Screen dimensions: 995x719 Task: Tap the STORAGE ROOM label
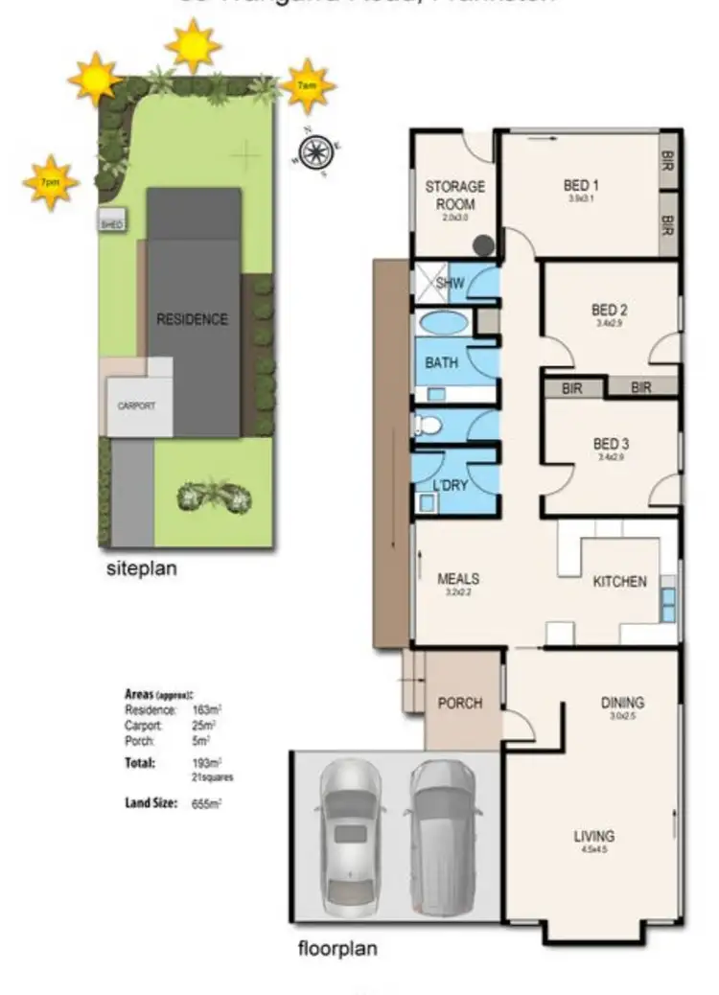pyautogui.click(x=454, y=194)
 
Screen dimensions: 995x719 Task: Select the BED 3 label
pyautogui.click(x=610, y=444)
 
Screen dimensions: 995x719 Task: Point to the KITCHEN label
pyautogui.click(x=619, y=582)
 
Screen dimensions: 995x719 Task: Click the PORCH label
pyautogui.click(x=459, y=703)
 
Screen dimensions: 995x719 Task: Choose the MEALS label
pyautogui.click(x=457, y=580)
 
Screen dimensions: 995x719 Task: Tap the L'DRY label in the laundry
pyautogui.click(x=450, y=485)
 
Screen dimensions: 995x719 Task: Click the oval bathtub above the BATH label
pyautogui.click(x=443, y=323)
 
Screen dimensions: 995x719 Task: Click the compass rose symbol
pyautogui.click(x=313, y=151)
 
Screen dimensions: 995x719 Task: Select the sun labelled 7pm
pyautogui.click(x=50, y=181)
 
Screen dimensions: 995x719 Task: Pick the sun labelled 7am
pyautogui.click(x=308, y=86)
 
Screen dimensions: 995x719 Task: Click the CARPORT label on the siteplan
pyautogui.click(x=136, y=405)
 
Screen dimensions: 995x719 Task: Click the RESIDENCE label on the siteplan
pyautogui.click(x=193, y=319)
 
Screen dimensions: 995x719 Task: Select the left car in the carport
pyautogui.click(x=351, y=836)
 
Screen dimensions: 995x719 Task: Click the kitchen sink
pyautogui.click(x=667, y=602)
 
